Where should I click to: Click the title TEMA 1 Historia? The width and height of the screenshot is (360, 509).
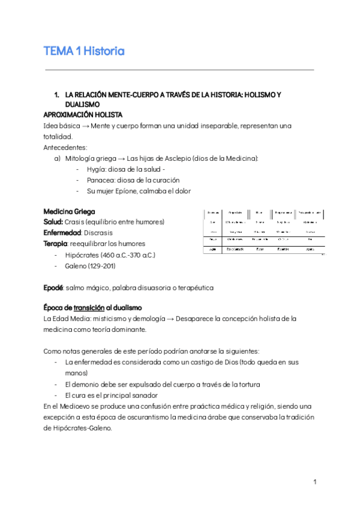(x=84, y=51)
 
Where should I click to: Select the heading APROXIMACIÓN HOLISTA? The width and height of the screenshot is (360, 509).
(x=83, y=114)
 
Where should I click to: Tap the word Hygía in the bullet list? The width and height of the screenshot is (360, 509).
(x=97, y=169)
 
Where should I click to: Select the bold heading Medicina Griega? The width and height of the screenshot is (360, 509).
(x=69, y=211)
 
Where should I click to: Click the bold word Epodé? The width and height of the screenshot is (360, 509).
(x=53, y=288)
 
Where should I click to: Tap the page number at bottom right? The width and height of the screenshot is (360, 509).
(x=314, y=482)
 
